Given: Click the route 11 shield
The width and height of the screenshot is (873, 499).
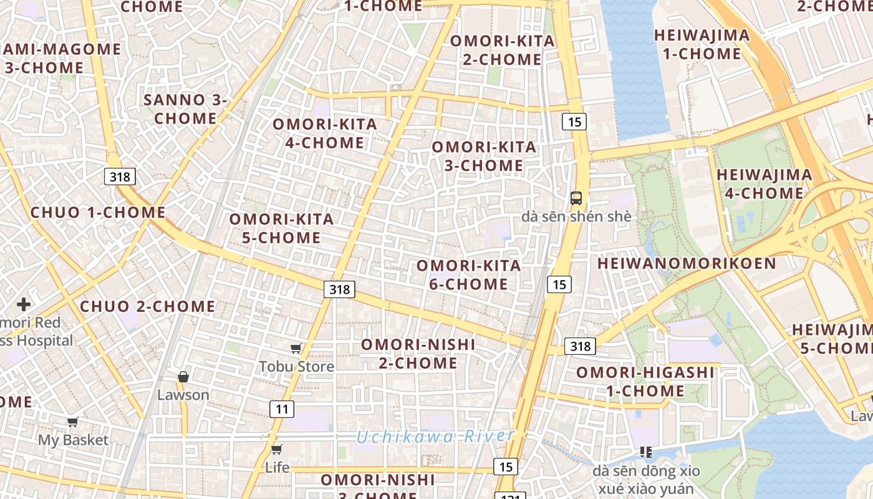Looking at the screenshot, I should pyautogui.click(x=282, y=409).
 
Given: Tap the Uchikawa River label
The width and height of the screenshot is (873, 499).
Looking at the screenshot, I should pyautogui.click(x=435, y=437).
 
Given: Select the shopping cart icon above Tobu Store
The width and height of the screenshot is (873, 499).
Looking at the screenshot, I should pyautogui.click(x=296, y=348).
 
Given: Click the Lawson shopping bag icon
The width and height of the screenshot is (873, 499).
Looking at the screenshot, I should pyautogui.click(x=183, y=377).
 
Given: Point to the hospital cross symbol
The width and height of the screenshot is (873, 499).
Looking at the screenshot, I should pyautogui.click(x=24, y=304).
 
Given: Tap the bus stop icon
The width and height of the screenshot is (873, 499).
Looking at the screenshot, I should pyautogui.click(x=576, y=198).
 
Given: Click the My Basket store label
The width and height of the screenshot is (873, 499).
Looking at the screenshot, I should pyautogui.click(x=74, y=440).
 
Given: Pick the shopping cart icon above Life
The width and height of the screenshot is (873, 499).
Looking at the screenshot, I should pyautogui.click(x=277, y=449).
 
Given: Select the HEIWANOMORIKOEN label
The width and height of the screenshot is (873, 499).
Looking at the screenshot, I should pyautogui.click(x=687, y=263).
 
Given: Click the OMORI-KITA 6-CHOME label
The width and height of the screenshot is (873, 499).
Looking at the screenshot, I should pyautogui.click(x=468, y=274).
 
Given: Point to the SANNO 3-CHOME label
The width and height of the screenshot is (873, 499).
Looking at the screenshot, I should pyautogui.click(x=186, y=109).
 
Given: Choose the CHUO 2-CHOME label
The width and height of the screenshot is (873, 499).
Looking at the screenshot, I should pyautogui.click(x=148, y=306).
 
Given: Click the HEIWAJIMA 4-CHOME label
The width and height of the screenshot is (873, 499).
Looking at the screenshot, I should pyautogui.click(x=764, y=184).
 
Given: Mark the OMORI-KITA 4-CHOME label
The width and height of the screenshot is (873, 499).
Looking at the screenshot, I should pyautogui.click(x=325, y=133).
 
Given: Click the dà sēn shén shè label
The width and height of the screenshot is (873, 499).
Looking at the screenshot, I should pyautogui.click(x=576, y=217).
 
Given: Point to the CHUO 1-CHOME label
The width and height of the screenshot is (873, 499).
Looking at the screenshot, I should pyautogui.click(x=98, y=212).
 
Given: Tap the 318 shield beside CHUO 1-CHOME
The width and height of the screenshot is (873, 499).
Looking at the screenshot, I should pyautogui.click(x=120, y=177).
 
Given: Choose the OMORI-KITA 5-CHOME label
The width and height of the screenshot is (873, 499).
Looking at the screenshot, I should pyautogui.click(x=282, y=228).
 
